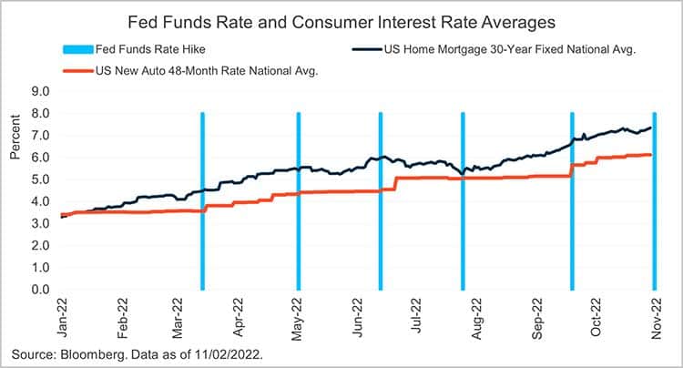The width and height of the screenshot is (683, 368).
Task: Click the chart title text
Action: (x=341, y=19)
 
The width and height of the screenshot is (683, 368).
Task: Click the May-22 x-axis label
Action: (x=298, y=319)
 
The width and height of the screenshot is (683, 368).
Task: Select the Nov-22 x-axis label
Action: (x=655, y=319)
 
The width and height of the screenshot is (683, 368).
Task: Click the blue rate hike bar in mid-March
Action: (x=202, y=200)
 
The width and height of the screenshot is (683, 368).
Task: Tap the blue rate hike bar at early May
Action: (x=298, y=200)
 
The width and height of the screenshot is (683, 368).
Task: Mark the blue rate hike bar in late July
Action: (x=463, y=200)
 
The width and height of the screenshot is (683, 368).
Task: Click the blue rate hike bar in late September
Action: (x=572, y=200)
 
